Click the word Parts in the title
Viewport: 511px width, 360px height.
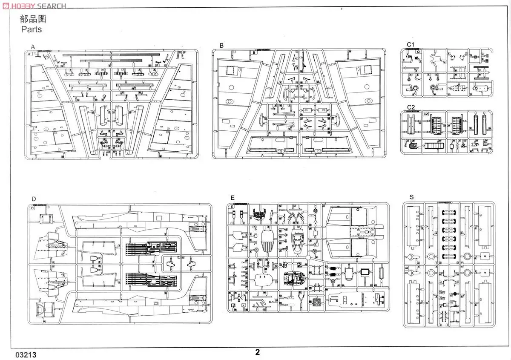coord(32,29)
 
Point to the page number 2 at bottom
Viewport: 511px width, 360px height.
coord(257,352)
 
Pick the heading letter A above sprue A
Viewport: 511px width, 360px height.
coord(33,46)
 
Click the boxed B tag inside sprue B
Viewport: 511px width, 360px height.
coord(254,53)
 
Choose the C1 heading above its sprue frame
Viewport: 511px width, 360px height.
coord(410,44)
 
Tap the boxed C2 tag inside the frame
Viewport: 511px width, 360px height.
coord(425,114)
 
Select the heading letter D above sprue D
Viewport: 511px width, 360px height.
coord(34,199)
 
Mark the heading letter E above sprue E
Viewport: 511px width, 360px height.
coord(232,198)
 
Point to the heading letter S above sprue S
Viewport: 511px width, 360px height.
coord(411,197)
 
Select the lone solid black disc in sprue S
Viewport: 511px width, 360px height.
coord(455,294)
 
